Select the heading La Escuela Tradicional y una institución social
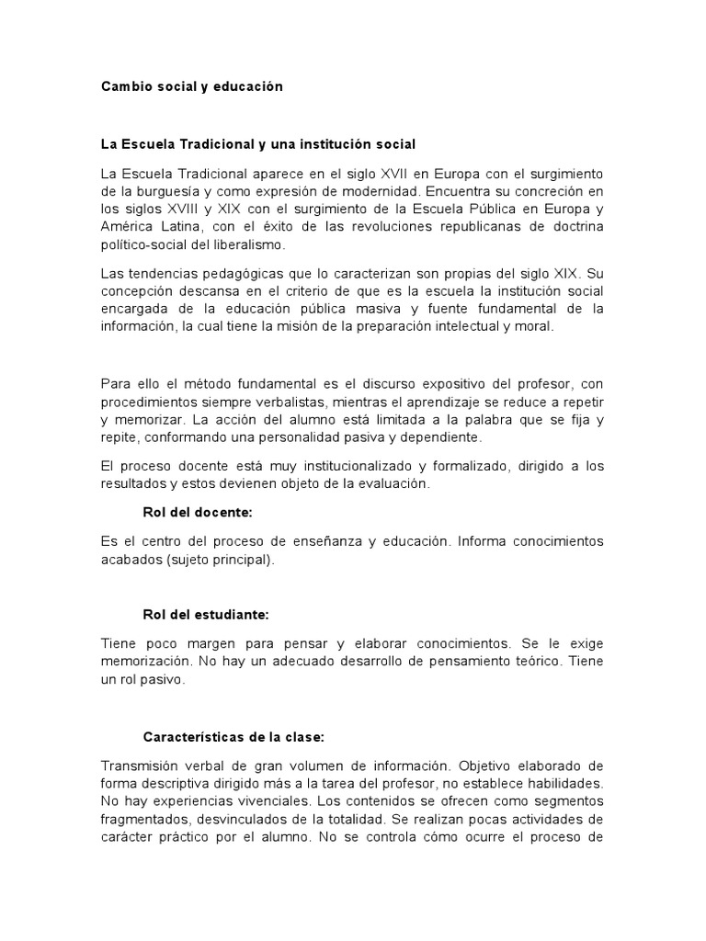tap(258, 144)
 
